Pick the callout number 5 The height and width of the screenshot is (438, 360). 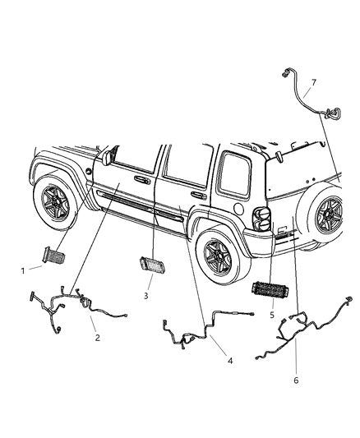(x=270, y=314)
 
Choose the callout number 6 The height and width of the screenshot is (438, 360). (x=296, y=380)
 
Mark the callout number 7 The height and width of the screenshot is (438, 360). (x=312, y=82)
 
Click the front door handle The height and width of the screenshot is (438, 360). (x=141, y=178)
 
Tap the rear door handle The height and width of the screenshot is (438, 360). (x=198, y=196)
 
